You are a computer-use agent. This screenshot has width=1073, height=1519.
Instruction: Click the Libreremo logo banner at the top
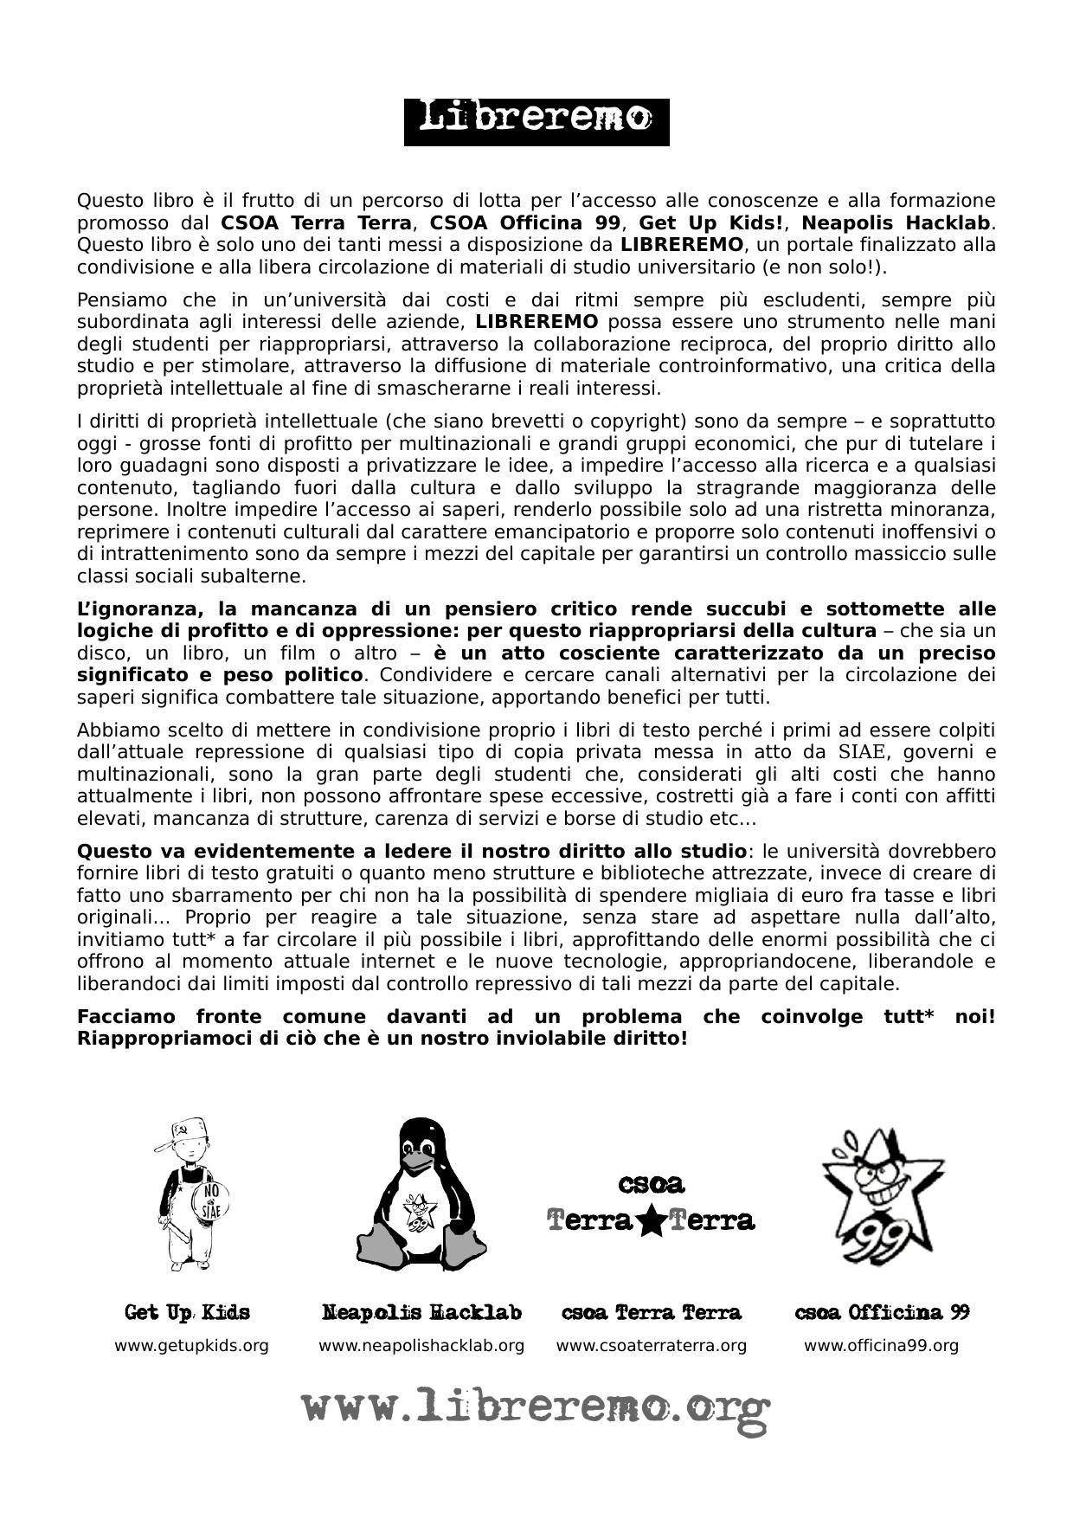pos(536,122)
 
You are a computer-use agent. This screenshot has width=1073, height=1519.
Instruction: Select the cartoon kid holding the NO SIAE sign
pos(190,1194)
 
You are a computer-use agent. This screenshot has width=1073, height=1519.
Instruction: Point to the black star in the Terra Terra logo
pos(651,1221)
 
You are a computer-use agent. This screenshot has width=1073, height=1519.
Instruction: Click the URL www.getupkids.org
pos(191,1346)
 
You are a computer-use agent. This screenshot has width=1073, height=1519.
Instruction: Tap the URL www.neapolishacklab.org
pos(421,1346)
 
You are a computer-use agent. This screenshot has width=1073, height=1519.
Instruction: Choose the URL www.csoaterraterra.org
pos(651,1346)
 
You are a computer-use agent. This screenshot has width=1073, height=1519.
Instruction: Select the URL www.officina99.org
pos(881,1346)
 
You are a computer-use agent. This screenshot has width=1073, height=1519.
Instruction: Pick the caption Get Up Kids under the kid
pos(187,1313)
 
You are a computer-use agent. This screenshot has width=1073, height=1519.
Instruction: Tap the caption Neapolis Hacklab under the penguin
pos(421,1313)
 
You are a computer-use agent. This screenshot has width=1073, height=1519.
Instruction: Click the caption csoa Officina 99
pos(881,1313)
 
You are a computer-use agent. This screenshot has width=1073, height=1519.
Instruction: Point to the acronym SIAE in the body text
pos(863,752)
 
